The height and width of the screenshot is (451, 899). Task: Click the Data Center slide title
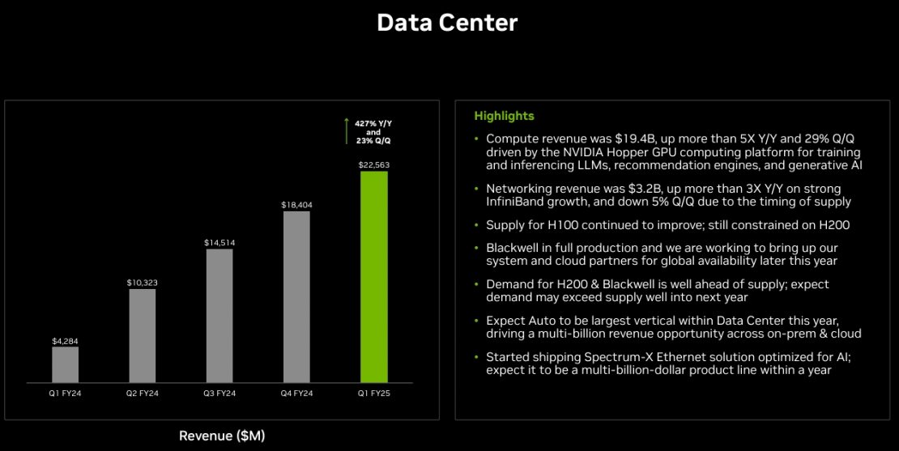[447, 23]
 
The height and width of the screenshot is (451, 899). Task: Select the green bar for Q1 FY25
[373, 276]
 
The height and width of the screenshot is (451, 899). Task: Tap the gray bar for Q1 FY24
[66, 364]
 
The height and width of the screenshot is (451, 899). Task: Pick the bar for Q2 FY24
[143, 335]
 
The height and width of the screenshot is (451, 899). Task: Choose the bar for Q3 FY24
[219, 315]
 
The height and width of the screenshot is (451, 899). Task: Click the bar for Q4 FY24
[296, 296]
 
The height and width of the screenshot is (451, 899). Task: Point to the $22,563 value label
[373, 164]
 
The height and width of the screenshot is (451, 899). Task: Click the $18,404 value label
[296, 205]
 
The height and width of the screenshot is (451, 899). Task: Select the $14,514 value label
[219, 242]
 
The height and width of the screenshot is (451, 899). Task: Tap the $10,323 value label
[143, 282]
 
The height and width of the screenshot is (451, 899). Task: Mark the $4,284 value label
[66, 340]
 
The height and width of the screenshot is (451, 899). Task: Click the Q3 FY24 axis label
[219, 393]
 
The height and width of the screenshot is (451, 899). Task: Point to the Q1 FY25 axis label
[373, 393]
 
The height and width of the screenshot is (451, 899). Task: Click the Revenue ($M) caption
[222, 436]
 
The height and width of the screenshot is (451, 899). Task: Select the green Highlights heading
[504, 116]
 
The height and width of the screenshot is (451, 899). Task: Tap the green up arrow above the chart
[347, 130]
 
